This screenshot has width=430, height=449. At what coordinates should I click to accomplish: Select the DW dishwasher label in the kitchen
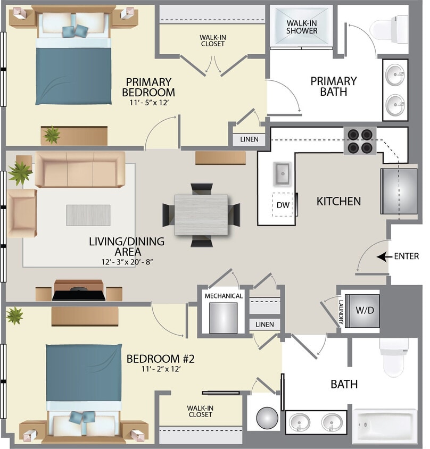[282, 205]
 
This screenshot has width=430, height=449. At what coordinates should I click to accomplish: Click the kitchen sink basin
[282, 172]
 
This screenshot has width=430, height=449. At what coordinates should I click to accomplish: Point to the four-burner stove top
[360, 141]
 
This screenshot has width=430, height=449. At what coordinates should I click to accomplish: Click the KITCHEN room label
[338, 201]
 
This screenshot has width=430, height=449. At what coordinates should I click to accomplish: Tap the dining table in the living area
[201, 215]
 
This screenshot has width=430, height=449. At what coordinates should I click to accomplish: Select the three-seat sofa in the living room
[80, 169]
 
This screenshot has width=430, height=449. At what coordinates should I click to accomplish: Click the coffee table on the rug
[88, 214]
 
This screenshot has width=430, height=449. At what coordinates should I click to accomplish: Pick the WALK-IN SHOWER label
[302, 27]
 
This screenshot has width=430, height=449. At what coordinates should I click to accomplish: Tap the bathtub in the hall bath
[385, 426]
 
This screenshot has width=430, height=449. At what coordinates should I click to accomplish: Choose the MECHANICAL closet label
[224, 296]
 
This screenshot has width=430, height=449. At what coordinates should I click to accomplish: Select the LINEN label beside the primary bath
[249, 139]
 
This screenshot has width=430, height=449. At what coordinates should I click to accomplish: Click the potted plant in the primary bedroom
[52, 135]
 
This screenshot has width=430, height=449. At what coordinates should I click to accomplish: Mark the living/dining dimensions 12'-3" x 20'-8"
[126, 261]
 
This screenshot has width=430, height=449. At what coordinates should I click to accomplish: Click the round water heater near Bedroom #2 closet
[267, 418]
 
